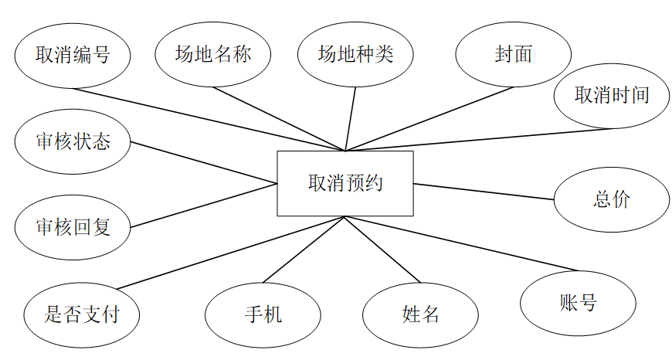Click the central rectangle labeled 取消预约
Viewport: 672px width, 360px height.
(345, 183)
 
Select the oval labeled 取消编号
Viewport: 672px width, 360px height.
(73, 55)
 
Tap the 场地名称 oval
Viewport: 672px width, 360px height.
(213, 54)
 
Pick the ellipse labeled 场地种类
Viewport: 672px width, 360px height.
(355, 54)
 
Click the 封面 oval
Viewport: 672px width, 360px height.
(514, 54)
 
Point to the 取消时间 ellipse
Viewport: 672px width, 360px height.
(612, 95)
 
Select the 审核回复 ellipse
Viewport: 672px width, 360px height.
(73, 227)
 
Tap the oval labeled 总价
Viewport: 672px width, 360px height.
(612, 199)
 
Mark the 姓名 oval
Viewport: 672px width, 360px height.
(420, 314)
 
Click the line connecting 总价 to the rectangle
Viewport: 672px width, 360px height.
(484, 192)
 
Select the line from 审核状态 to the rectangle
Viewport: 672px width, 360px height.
(204, 163)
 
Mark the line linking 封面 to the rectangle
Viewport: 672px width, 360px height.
(429, 118)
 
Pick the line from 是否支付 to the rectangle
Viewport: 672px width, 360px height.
(232, 253)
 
